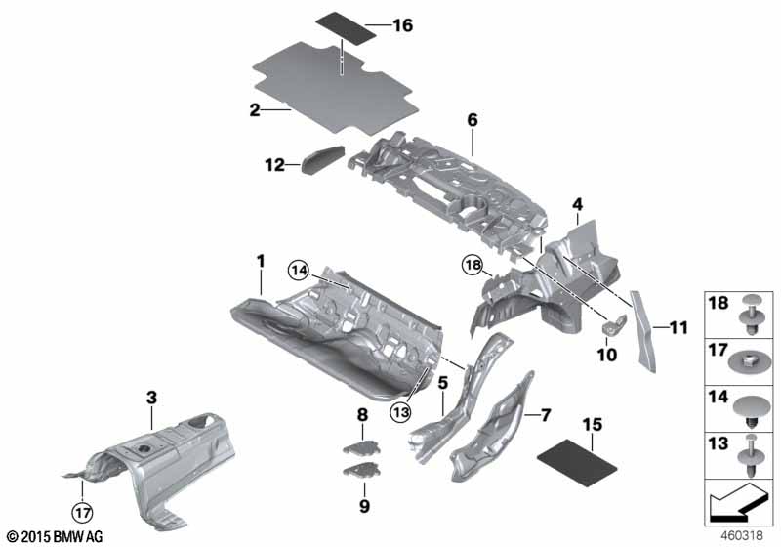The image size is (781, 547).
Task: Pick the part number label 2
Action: coord(254,111)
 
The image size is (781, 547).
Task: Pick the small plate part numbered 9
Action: coord(362,473)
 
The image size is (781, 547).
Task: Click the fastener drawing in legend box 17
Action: coord(750,360)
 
